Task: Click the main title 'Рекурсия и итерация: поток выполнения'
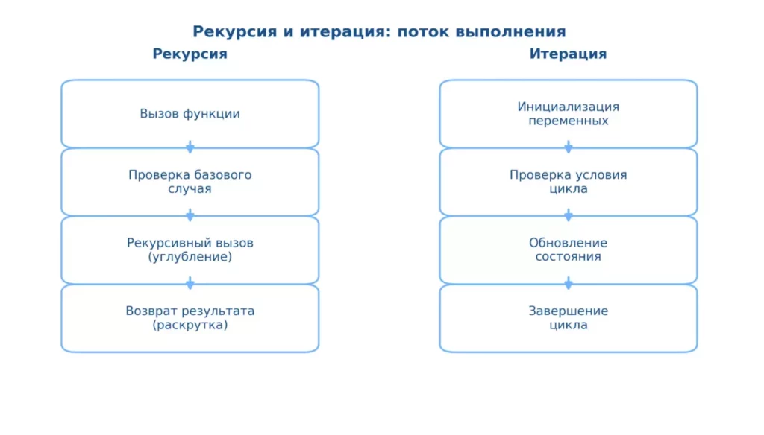[379, 32]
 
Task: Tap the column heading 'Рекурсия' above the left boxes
[190, 54]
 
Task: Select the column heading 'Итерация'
[568, 54]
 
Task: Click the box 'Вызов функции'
[190, 114]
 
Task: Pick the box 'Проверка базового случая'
[190, 182]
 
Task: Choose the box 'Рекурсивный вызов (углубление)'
[190, 250]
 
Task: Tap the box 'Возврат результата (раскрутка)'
[190, 318]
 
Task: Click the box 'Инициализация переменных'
[568, 113]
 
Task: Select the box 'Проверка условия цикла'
[568, 182]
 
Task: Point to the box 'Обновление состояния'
[568, 250]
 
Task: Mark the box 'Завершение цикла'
[568, 318]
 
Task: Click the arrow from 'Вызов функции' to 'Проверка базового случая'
[190, 147]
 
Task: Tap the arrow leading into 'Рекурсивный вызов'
[190, 215]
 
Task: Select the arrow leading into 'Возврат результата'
[190, 283]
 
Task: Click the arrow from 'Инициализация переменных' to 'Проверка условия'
[568, 147]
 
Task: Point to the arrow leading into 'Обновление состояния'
[568, 215]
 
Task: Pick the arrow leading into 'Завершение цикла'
[568, 283]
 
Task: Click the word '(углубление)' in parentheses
[190, 257]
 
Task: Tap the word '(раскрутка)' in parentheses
[190, 326]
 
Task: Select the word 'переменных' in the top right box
[568, 121]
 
